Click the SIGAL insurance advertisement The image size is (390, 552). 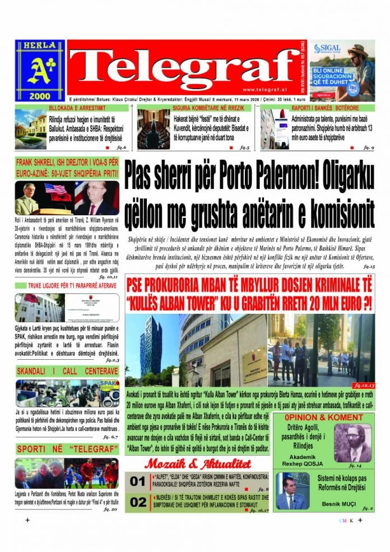(342, 70)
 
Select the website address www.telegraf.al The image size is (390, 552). (266, 90)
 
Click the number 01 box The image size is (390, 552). (138, 482)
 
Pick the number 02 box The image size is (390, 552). (138, 503)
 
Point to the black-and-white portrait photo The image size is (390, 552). (353, 443)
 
